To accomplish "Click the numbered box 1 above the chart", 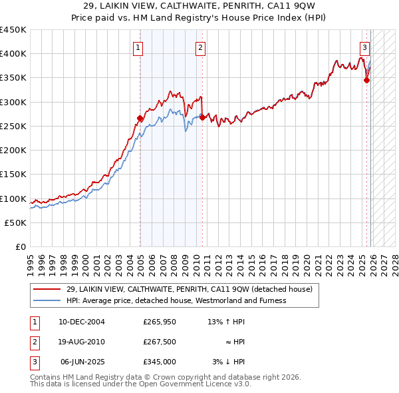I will (138, 47).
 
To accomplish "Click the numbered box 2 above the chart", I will (200, 47).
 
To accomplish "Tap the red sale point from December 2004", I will (140, 119).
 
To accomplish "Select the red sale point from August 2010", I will (202, 118).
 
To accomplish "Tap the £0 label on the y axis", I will (20, 247).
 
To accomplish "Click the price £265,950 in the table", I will (160, 322).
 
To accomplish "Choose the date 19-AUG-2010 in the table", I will (81, 342).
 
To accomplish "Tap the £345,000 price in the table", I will (160, 362).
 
